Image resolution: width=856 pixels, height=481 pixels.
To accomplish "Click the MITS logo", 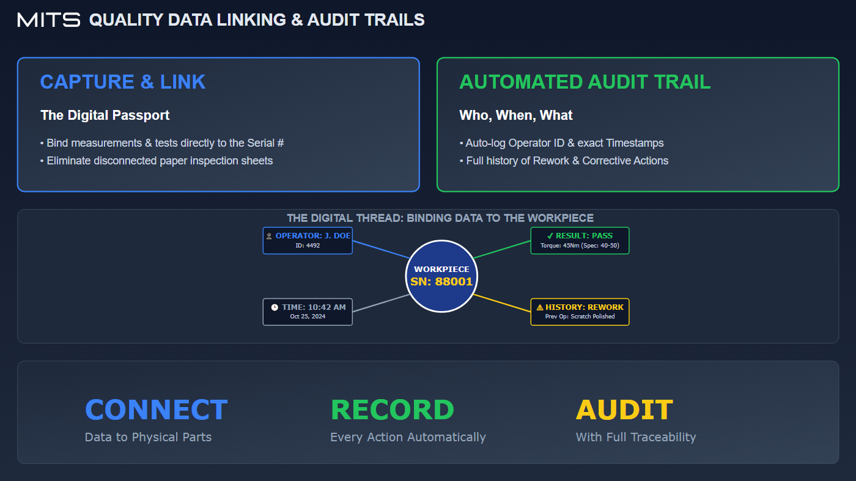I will [x=49, y=20].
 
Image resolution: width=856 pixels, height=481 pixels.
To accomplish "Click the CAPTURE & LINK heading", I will [x=123, y=82].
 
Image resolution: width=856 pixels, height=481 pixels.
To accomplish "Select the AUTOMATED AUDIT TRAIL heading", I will [x=585, y=82].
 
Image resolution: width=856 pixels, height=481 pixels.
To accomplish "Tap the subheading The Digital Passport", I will [x=105, y=115].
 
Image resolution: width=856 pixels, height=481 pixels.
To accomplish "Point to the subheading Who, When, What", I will [x=516, y=115].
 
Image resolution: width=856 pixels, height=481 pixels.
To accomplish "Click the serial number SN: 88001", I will [x=441, y=282].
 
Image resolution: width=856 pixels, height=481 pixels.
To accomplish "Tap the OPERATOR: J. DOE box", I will [x=308, y=240].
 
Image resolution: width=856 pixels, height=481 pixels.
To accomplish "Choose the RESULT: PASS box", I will [x=580, y=240].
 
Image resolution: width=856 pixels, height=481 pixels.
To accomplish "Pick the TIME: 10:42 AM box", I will [x=308, y=312].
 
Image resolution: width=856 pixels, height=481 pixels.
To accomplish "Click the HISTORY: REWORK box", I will [x=580, y=312].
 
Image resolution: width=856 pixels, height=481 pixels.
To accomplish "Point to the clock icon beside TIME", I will [x=275, y=307].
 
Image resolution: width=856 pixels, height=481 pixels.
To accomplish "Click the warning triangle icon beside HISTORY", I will [x=540, y=307].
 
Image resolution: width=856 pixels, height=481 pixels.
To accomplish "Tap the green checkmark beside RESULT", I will [x=550, y=235].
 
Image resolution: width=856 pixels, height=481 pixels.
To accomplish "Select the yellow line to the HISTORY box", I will [x=501, y=303].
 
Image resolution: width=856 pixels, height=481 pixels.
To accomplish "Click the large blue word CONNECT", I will [x=156, y=410].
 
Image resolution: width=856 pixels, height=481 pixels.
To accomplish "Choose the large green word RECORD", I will [x=392, y=410].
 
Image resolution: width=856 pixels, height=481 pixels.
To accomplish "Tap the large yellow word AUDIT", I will [x=624, y=410].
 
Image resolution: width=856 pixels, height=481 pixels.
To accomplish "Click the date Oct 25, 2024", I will [x=308, y=317].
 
